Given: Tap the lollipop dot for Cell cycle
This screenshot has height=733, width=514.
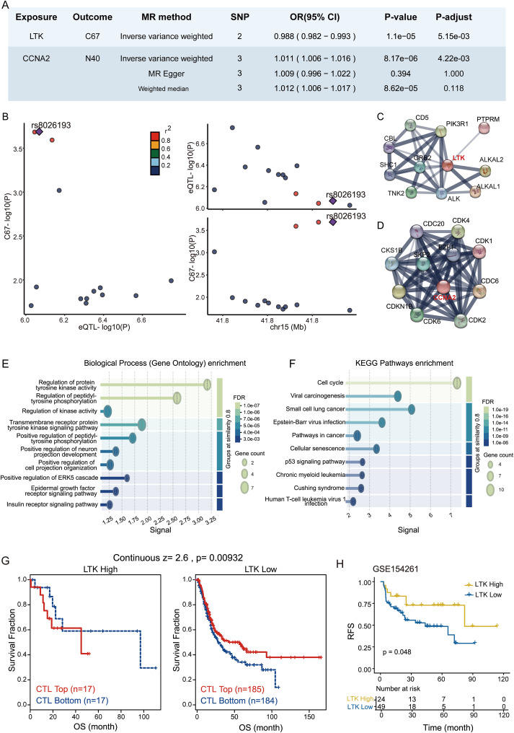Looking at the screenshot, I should pyautogui.click(x=456, y=382).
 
